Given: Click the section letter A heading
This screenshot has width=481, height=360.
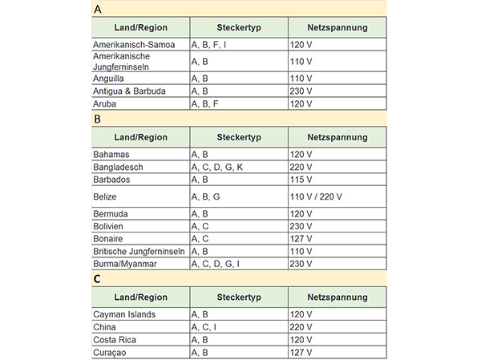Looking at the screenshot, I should pyautogui.click(x=97, y=10).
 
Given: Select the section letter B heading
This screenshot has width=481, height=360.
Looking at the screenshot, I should pyautogui.click(x=97, y=119).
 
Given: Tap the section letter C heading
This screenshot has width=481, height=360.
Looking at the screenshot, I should pyautogui.click(x=97, y=279).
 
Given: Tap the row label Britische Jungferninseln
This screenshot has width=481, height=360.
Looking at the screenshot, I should pyautogui.click(x=139, y=252).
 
